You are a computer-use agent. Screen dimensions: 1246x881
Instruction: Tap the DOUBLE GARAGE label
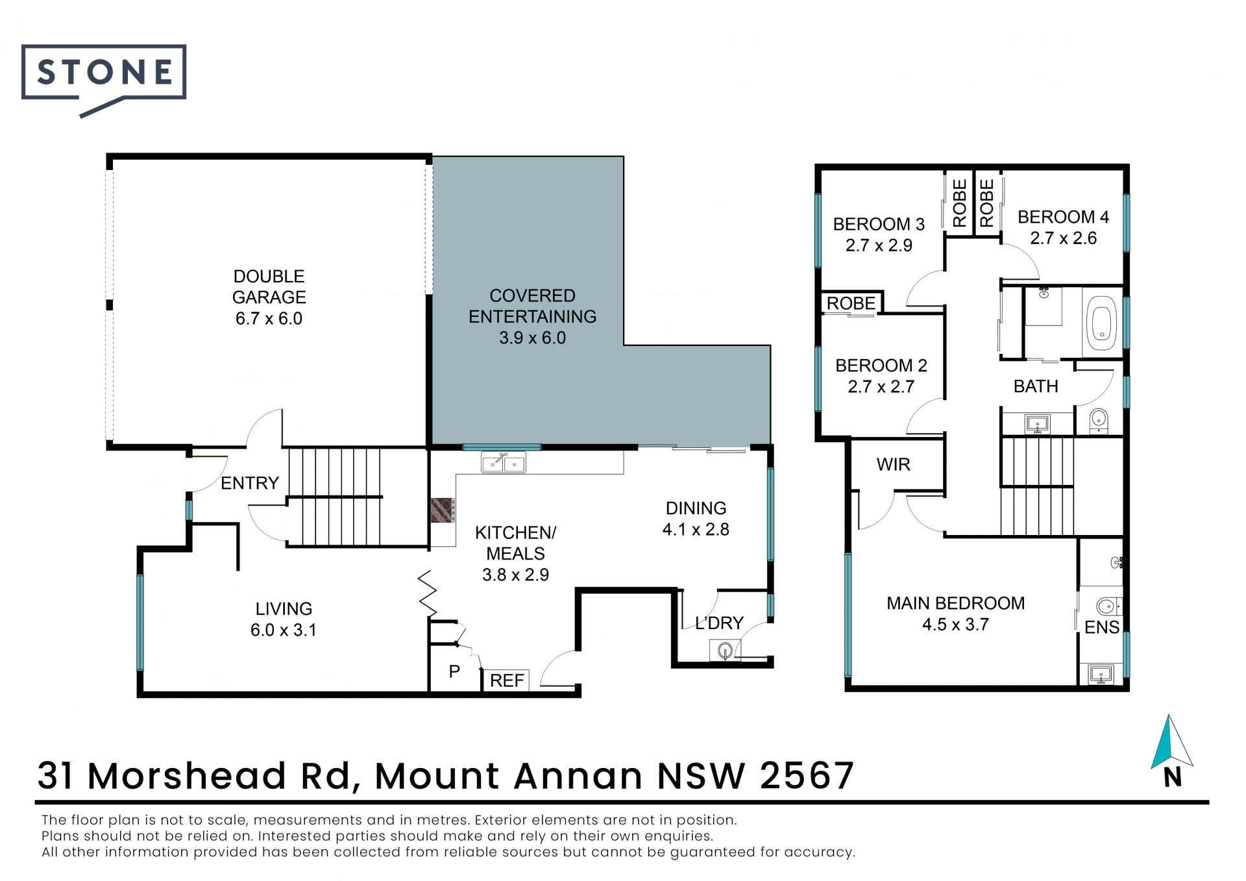click(269, 286)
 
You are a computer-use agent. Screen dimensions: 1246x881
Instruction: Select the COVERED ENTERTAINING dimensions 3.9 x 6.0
click(532, 338)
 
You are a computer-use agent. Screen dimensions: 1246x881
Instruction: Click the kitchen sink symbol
click(503, 462)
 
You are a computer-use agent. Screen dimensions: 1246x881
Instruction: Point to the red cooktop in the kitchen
click(443, 510)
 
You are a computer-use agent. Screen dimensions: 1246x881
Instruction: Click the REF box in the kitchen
click(506, 680)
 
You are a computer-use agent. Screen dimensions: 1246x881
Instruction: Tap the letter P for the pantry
click(454, 671)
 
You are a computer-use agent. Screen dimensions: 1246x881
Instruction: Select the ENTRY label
click(250, 483)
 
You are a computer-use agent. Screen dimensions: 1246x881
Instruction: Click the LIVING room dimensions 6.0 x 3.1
click(284, 630)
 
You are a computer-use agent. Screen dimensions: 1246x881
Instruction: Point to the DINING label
click(696, 508)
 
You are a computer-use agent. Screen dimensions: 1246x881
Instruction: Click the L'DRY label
click(719, 623)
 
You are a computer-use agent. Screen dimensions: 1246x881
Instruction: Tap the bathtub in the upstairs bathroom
click(1102, 323)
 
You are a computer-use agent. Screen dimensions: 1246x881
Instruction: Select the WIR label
click(893, 464)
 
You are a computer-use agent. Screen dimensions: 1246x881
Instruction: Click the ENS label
click(1102, 627)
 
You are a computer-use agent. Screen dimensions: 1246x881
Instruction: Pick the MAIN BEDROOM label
click(955, 603)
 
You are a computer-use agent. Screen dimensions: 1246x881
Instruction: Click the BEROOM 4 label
click(1063, 217)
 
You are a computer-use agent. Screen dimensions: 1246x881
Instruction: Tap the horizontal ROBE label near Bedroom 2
click(851, 303)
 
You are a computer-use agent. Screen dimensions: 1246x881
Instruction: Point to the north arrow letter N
click(1172, 777)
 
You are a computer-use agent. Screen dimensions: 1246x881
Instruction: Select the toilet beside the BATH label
click(1098, 421)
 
